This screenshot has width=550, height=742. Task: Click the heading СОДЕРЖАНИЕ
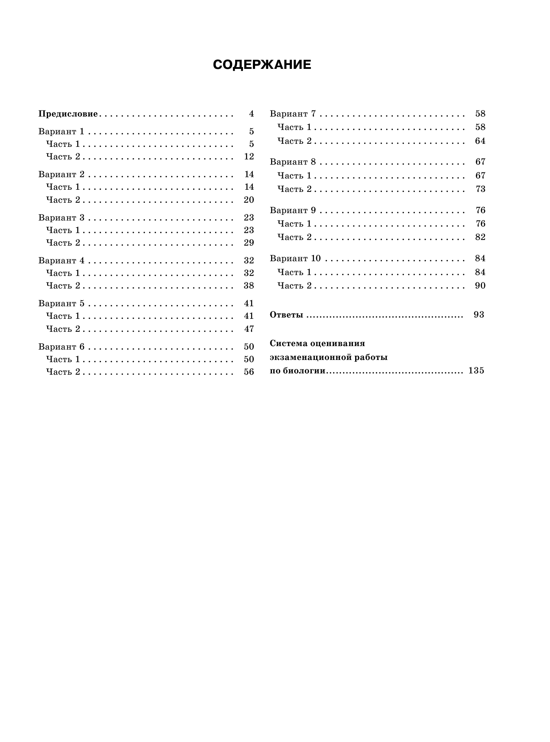click(x=262, y=65)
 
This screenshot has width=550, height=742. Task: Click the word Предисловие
click(x=68, y=114)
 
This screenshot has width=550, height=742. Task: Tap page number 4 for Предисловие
click(x=251, y=114)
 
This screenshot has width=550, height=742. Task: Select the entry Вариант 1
click(x=61, y=132)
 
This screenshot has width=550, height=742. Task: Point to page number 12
click(x=249, y=156)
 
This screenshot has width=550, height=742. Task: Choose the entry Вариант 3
click(x=61, y=217)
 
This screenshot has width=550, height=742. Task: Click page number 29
click(x=249, y=243)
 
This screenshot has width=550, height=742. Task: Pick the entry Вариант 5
click(x=61, y=303)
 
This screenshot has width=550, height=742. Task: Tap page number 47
click(x=249, y=329)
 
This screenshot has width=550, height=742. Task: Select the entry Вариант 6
click(x=61, y=347)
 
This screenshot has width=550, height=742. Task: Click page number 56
click(x=249, y=372)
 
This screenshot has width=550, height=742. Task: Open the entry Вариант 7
click(x=293, y=114)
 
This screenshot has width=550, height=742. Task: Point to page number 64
click(x=480, y=141)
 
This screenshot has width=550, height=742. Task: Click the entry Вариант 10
click(x=295, y=259)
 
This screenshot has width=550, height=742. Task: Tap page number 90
click(x=480, y=285)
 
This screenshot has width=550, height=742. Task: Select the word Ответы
click(x=286, y=315)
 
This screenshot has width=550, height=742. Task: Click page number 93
click(x=479, y=314)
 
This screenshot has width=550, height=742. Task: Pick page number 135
click(x=476, y=371)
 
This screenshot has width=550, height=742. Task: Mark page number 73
click(x=480, y=189)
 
